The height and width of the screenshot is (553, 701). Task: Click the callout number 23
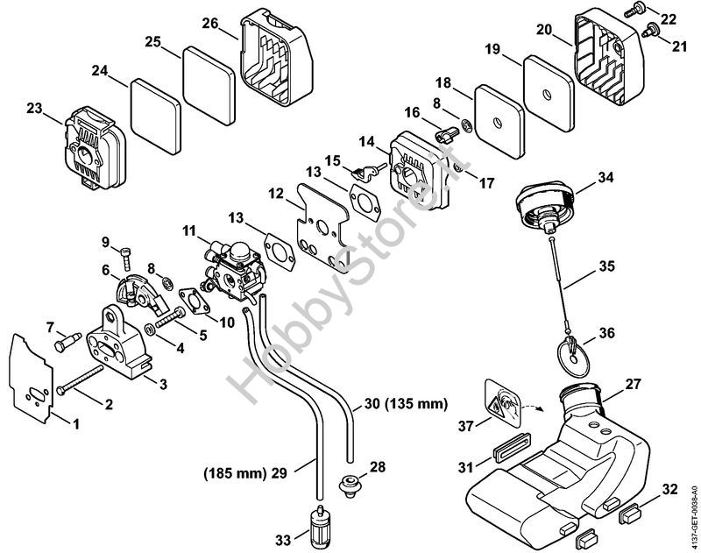(x=34, y=109)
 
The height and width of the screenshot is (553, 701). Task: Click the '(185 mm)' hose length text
(x=234, y=474)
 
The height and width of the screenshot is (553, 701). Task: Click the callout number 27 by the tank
(x=634, y=385)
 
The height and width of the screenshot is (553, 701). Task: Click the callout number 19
(x=492, y=49)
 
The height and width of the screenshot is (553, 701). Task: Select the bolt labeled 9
(x=129, y=253)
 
